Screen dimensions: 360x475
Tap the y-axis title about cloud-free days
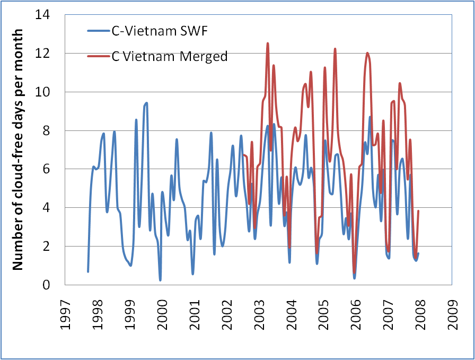[x=18, y=150]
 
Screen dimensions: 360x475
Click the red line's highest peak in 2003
[x=268, y=43]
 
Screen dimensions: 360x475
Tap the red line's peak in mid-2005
[x=335, y=49]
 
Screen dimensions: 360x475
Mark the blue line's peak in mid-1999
[x=146, y=103]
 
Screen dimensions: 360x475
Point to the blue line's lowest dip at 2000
[x=160, y=280]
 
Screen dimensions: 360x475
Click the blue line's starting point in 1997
[x=87, y=271]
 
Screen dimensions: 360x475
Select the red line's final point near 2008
[x=418, y=211]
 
